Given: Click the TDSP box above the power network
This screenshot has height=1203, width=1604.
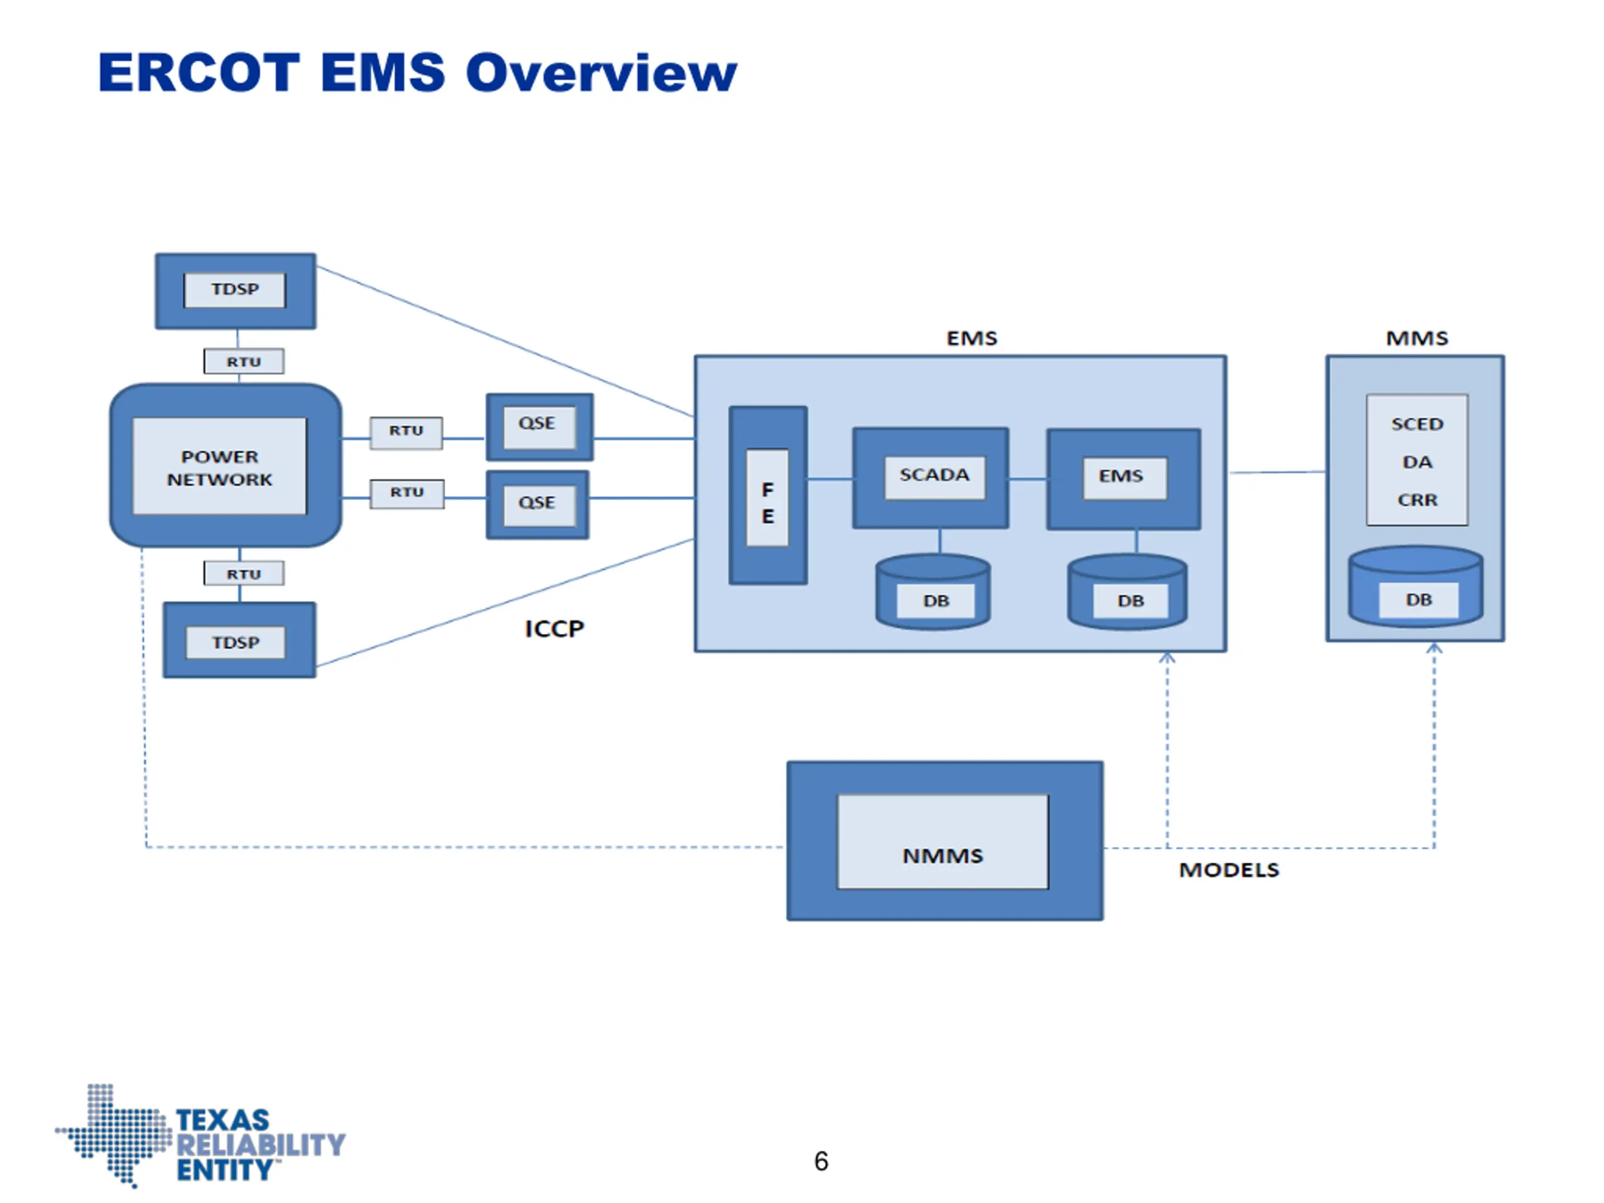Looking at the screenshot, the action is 236,291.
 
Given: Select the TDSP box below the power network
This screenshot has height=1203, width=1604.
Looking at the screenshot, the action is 239,640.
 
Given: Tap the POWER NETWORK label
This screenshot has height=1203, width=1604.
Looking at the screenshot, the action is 220,467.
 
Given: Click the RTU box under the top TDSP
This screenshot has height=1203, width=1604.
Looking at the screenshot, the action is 244,361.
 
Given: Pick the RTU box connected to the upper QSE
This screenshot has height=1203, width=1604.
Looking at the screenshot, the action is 406,433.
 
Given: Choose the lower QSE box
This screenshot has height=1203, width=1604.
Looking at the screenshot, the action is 538,504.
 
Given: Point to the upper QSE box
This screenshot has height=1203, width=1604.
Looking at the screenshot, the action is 539,427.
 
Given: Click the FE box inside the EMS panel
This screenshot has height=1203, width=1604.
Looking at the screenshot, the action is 768,495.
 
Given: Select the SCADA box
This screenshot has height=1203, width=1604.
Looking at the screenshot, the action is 930,478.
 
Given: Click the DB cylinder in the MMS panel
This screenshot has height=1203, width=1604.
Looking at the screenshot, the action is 1415,586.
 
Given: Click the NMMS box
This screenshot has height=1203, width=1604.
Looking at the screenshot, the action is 945,840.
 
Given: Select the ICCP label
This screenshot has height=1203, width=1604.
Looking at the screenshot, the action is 554,628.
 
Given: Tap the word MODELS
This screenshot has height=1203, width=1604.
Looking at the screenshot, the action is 1229,870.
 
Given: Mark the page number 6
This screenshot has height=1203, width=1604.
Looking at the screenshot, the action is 821,1161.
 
